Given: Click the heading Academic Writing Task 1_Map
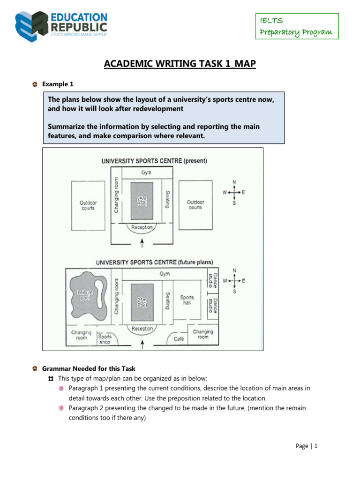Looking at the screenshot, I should (x=180, y=64).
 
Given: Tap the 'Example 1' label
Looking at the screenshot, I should (x=58, y=84).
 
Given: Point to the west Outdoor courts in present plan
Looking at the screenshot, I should (x=88, y=205).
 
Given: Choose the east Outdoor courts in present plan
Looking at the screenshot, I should (x=195, y=205).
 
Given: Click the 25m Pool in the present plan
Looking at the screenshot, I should (x=142, y=201).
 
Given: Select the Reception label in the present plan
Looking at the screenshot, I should (x=142, y=227).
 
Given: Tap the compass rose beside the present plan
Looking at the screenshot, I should (x=234, y=192).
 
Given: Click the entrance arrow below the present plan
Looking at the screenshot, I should (x=142, y=243).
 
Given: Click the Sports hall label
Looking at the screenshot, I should (x=187, y=300).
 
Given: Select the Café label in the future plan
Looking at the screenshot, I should (x=179, y=338).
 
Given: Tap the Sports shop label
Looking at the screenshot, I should (x=105, y=339).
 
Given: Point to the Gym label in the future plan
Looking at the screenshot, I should (x=165, y=274).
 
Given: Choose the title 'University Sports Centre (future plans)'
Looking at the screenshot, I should (x=154, y=262).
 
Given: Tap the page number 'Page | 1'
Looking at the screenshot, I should (x=307, y=446).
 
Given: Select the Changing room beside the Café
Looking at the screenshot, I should (x=202, y=334).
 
